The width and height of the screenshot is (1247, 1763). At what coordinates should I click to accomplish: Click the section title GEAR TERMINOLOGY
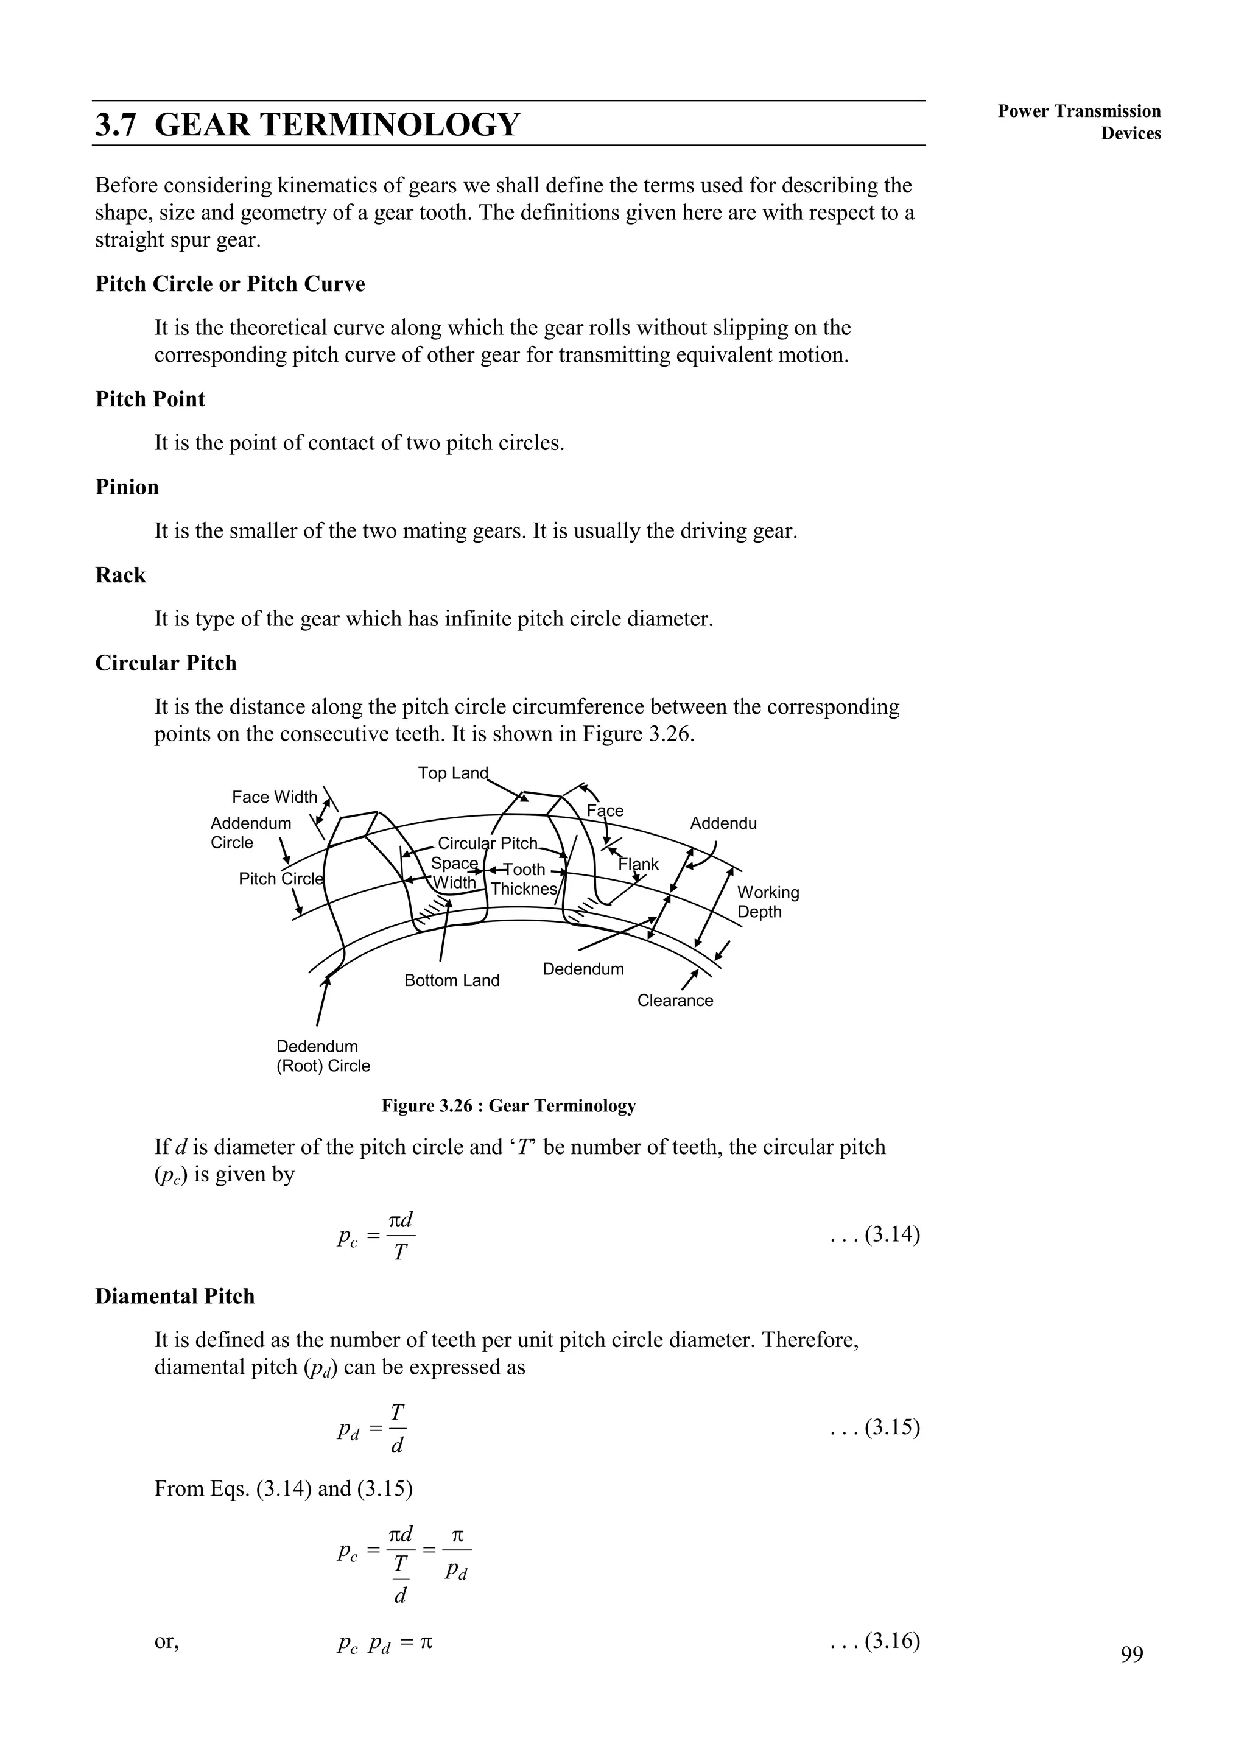(307, 124)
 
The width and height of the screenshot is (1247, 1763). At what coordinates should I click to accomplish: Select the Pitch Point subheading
(150, 399)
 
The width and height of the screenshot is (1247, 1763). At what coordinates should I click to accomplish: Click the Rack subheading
(121, 575)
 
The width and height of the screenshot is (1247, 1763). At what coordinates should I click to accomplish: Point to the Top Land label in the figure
(452, 772)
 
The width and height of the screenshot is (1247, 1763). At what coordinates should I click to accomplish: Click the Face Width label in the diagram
(274, 797)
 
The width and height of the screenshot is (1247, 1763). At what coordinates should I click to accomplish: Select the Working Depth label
(768, 903)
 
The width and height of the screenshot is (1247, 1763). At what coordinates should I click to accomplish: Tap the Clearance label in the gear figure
(675, 1001)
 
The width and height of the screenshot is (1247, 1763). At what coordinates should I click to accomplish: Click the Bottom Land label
(452, 980)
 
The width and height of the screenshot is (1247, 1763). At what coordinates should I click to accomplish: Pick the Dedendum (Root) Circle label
(323, 1056)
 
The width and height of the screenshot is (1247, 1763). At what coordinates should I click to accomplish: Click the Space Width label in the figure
(454, 873)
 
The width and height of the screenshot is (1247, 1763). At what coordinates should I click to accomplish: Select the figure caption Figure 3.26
(508, 1106)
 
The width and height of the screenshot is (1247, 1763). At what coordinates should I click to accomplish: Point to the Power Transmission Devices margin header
(1079, 122)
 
